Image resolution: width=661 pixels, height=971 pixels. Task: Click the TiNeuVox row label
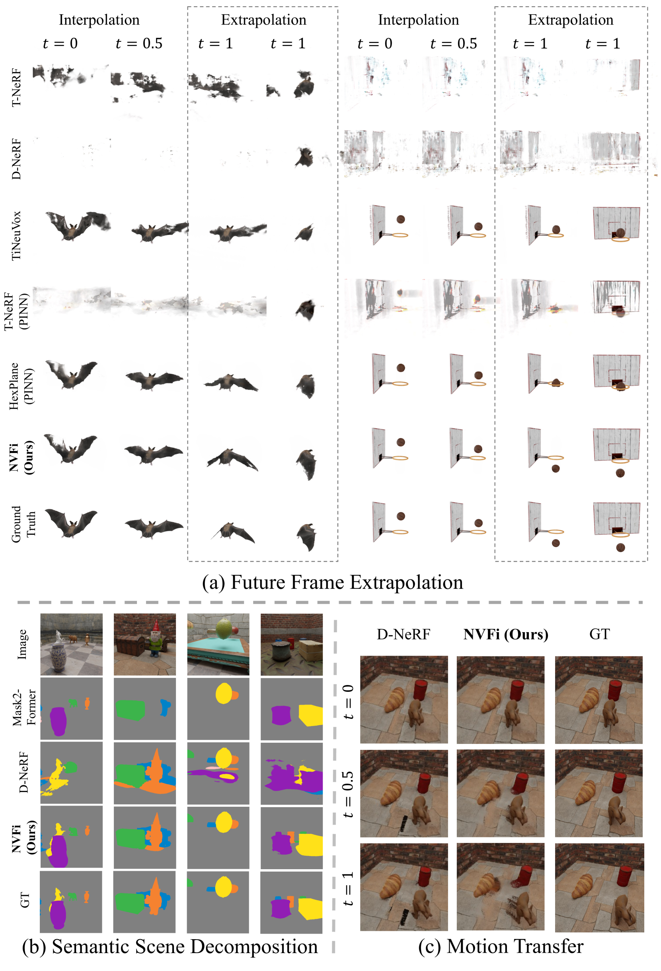(16, 236)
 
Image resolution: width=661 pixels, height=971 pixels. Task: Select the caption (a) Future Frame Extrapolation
(332, 583)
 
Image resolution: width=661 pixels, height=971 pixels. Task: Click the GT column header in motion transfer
(599, 634)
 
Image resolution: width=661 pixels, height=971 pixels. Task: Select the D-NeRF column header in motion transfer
(403, 634)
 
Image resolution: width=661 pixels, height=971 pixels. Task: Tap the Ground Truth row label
(23, 524)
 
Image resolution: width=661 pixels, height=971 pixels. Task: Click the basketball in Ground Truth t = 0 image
(400, 517)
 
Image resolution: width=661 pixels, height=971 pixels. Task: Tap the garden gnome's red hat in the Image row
(157, 626)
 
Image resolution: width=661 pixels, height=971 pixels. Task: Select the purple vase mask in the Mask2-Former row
(58, 721)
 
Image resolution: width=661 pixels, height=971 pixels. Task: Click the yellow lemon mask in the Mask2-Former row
(224, 693)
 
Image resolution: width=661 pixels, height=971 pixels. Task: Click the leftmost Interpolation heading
(99, 19)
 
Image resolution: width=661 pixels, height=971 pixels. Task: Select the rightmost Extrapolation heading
(570, 19)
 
